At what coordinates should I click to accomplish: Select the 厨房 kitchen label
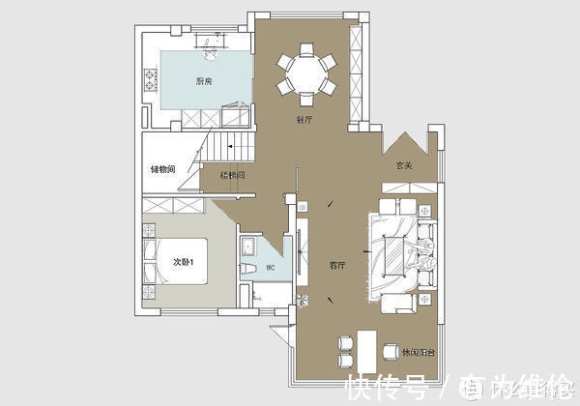pos(204,81)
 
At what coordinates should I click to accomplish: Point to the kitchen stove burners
pos(150,78)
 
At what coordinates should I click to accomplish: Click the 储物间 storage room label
pos(162,170)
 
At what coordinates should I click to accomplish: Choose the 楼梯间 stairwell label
pos(232,176)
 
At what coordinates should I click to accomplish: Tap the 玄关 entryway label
pos(403,165)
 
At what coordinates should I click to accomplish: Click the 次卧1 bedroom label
pos(185,262)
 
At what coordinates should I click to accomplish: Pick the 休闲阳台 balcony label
pos(419,351)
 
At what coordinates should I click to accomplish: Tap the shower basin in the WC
pos(248,246)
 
